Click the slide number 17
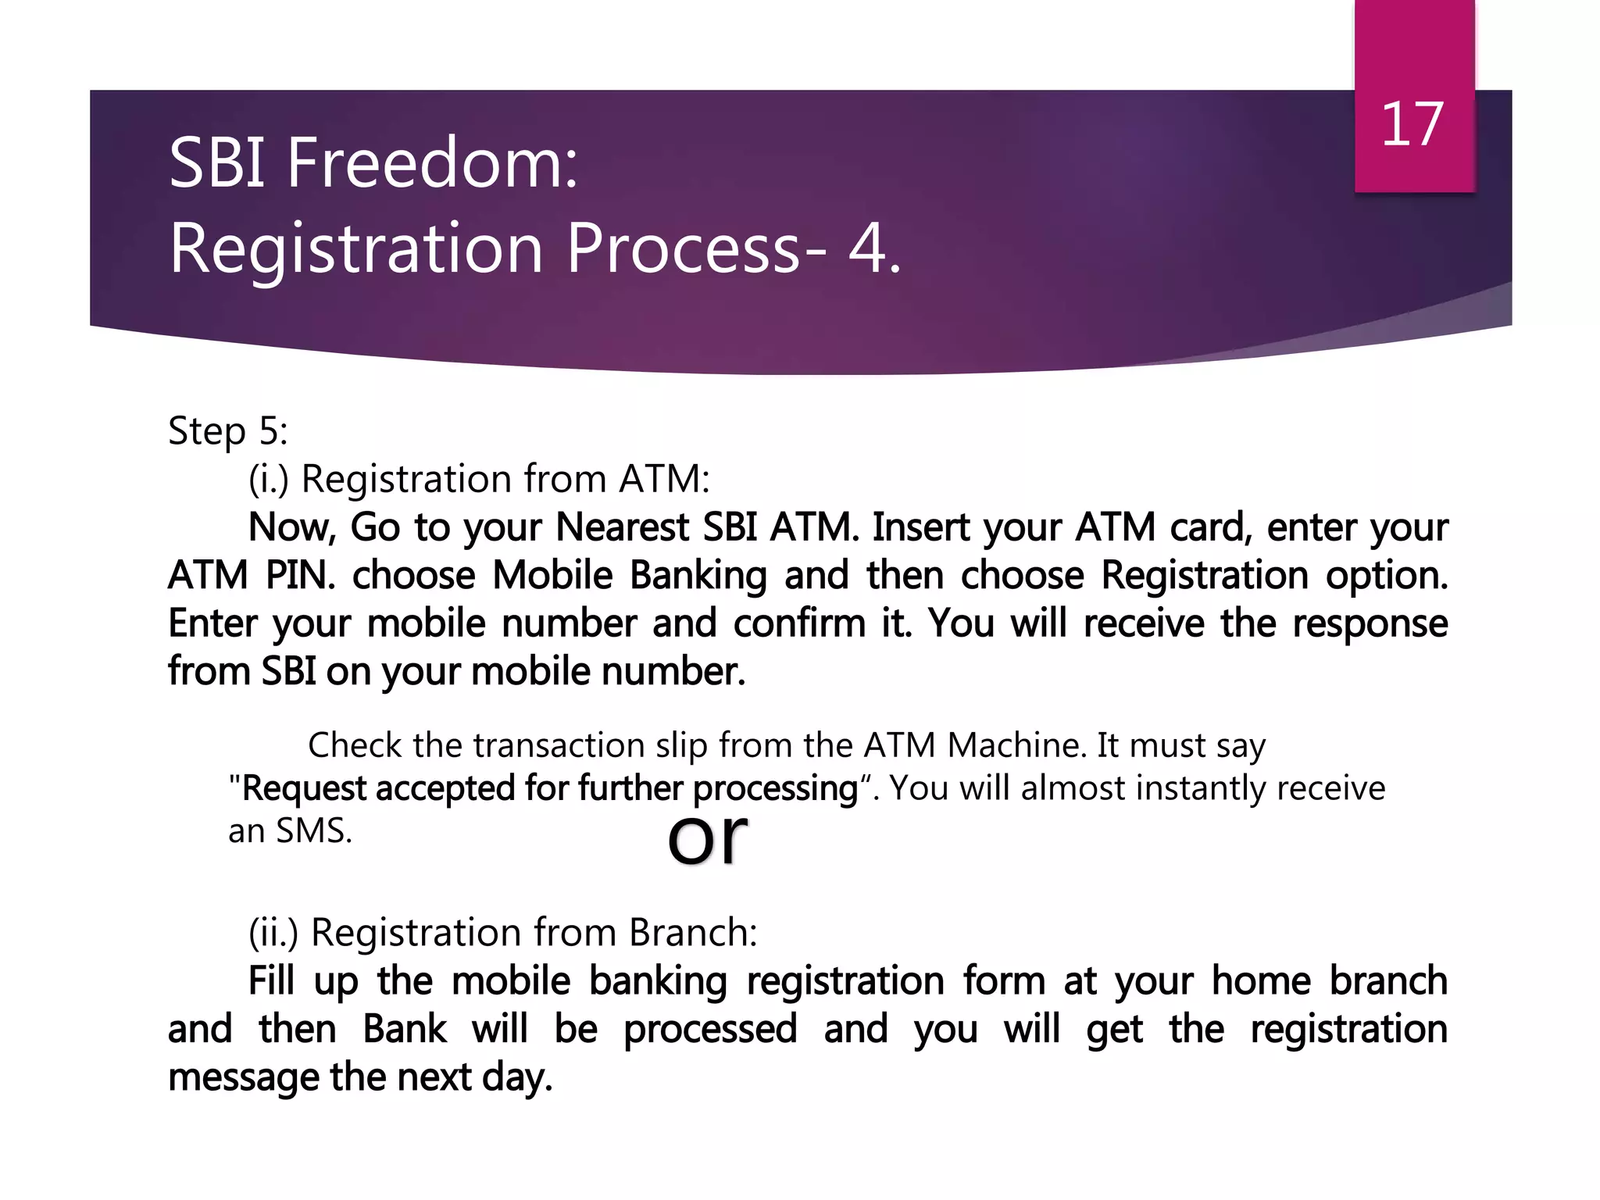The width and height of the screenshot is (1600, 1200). (1412, 125)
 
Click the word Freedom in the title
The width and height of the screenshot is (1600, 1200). (431, 163)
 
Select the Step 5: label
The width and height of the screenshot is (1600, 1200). (227, 431)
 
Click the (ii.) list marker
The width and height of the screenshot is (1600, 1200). (273, 933)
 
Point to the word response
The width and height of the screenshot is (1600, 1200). (1370, 624)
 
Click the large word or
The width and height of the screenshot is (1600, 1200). (707, 837)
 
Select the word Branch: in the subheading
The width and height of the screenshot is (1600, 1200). (693, 933)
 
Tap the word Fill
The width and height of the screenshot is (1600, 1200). (270, 981)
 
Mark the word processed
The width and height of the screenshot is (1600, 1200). (709, 1030)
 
